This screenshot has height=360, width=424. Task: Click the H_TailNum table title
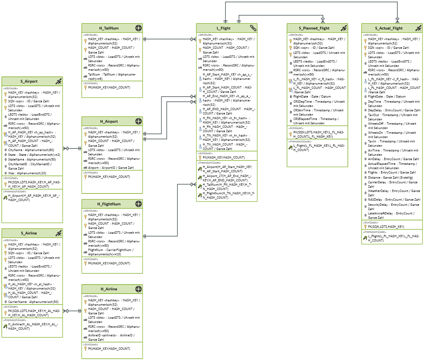coord(109,28)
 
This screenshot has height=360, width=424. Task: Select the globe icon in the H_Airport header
coord(139,121)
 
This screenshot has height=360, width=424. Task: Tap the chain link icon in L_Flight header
coord(253,28)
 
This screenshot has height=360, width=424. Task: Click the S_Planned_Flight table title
coord(314,28)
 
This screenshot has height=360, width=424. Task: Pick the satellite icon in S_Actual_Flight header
coord(418,28)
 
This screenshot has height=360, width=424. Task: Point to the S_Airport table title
coord(29,81)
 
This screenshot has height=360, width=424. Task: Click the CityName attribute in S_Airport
coord(31,150)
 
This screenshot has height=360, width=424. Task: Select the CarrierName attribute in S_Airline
coord(33,302)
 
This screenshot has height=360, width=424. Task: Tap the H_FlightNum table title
coord(109,204)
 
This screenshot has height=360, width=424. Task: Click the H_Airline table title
coord(109,289)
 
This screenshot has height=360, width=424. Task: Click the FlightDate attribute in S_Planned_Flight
coord(312,96)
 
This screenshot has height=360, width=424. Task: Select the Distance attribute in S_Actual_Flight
coord(390,177)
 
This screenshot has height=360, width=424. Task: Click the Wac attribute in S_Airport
coord(27,173)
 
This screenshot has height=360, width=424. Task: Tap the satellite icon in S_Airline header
coord(58,233)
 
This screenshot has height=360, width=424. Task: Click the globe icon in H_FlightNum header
coord(139,204)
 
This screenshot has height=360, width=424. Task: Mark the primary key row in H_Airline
coord(109,349)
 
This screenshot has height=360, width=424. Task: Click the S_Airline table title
coord(29,233)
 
